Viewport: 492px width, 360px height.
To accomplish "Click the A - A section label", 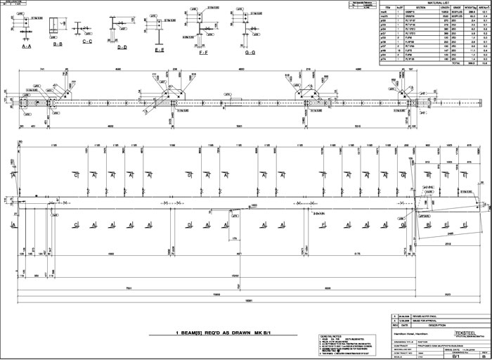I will pyautogui.click(x=27, y=45).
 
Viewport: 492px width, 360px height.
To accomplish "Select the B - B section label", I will pyautogui.click(x=58, y=45).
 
